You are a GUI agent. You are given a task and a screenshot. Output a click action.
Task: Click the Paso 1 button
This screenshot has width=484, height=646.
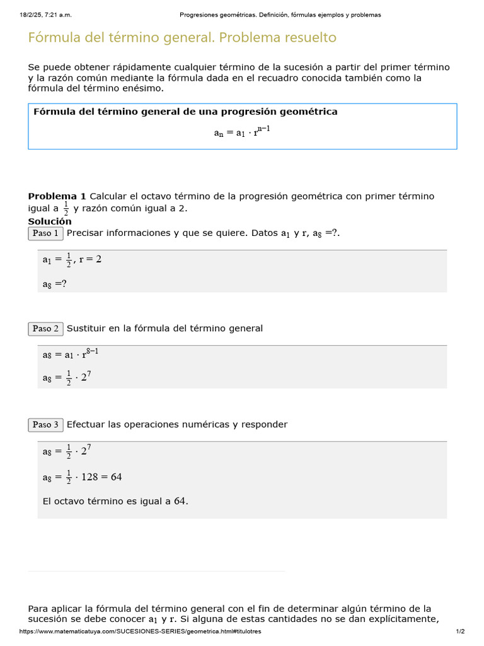[x=46, y=233]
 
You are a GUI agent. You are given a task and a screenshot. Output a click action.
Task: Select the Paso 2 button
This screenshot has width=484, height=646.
[x=46, y=329]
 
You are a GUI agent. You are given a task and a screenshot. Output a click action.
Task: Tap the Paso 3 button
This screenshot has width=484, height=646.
[x=46, y=425]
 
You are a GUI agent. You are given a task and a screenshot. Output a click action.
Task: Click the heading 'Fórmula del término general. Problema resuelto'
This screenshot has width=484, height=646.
[x=182, y=38]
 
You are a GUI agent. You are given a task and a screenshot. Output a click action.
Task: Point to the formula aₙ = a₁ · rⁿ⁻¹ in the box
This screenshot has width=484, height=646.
[x=243, y=132]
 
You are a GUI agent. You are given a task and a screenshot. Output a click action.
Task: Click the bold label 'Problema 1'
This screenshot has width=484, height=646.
[x=57, y=196]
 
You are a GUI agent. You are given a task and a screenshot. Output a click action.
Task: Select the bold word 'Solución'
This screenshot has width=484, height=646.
[x=50, y=221]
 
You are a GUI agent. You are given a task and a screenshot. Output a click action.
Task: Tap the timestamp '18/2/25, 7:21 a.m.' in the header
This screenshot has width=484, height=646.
[x=45, y=15]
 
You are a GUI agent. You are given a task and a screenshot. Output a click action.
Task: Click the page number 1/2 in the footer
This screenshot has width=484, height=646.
[x=460, y=631]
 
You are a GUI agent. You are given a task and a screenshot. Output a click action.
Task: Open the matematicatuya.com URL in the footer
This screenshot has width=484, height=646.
[x=140, y=631]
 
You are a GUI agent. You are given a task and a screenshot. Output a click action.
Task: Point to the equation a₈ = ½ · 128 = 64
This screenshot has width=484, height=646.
[x=82, y=477]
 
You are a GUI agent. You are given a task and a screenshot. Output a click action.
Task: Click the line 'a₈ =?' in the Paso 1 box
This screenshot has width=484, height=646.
[x=54, y=284]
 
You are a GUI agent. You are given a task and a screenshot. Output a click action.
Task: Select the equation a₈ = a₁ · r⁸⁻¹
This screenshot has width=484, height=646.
[x=70, y=354]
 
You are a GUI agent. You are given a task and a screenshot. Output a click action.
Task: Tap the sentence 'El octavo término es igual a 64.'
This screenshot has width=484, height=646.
[x=115, y=502]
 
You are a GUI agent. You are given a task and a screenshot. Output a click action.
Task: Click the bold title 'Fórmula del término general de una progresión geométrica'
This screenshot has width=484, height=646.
[x=185, y=112]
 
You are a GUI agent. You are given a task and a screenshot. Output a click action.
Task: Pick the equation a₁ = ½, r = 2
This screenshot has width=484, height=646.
[x=72, y=259]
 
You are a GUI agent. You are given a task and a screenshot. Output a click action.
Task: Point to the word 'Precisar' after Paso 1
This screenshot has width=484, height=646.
[x=86, y=233]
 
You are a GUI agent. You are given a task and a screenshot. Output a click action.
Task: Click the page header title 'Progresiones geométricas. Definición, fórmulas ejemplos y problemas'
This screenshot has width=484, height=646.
[x=280, y=15]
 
